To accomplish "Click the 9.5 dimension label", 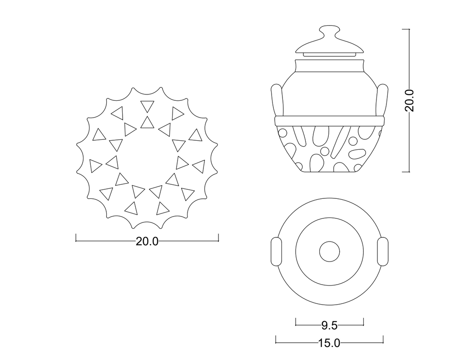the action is (x=330, y=325).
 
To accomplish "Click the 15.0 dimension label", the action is (x=329, y=343).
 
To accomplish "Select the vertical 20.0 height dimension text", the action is (x=409, y=100).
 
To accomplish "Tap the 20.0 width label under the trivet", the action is (x=147, y=242).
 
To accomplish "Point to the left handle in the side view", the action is (x=277, y=100).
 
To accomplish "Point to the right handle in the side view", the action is (x=381, y=100).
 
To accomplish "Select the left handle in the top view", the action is (x=277, y=252).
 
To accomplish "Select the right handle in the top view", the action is (x=382, y=252).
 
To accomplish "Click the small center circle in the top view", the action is (x=330, y=252).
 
